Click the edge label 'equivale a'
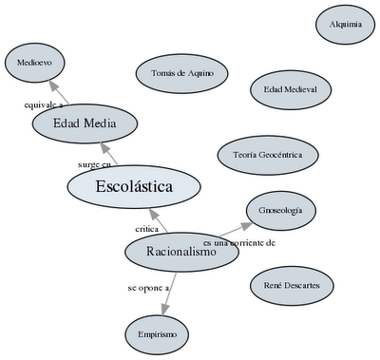44,104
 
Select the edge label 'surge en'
94,164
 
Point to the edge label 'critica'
146,229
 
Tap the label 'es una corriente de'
239,243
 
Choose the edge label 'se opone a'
147,286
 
